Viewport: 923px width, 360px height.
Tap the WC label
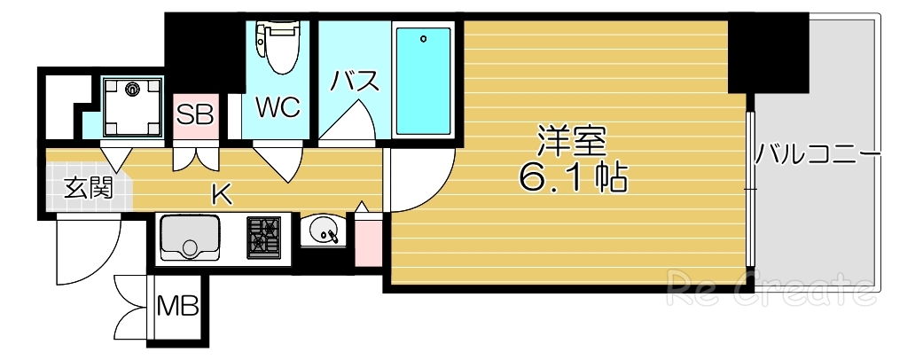pos(278,108)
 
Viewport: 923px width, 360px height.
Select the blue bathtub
pos(423,80)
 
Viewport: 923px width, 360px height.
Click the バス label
pos(356,82)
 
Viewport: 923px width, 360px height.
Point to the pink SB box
pos(194,116)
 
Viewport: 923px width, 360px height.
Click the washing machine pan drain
pos(132,88)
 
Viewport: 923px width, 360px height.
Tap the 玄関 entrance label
pos(86,188)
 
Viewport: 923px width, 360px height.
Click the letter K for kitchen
pos(222,193)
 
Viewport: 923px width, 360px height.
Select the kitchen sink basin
pos(189,238)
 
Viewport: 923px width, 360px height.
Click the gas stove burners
pos(263,236)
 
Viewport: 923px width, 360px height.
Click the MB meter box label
pos(178,308)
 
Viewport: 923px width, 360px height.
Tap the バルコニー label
pos(817,157)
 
